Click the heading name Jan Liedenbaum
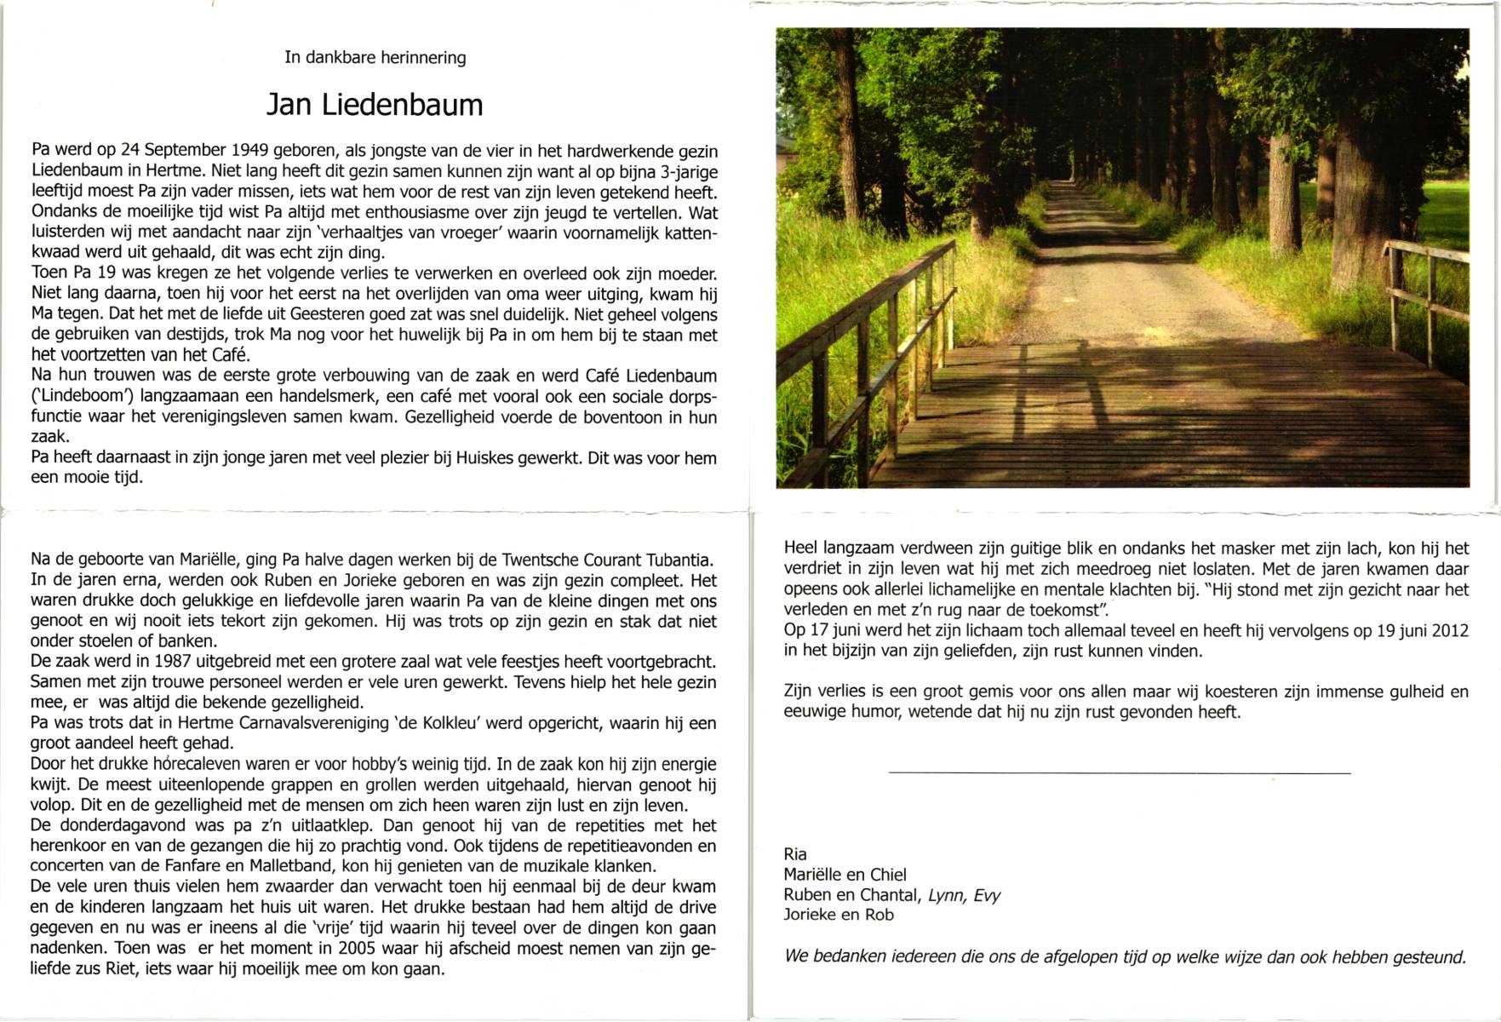[x=375, y=105]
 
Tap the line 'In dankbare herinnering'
[x=375, y=58]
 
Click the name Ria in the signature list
[x=795, y=854]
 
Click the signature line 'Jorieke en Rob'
[x=839, y=916]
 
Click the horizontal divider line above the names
[x=1119, y=772]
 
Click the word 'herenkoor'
[x=72, y=847]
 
